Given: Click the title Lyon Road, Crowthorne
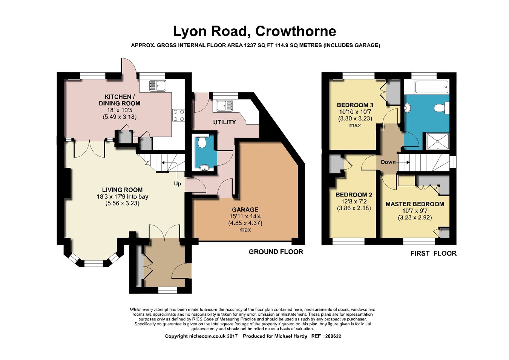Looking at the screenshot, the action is point(255,32).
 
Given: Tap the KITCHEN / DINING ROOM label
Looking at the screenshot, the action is point(119,100).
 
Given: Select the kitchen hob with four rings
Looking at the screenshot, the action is point(178,115).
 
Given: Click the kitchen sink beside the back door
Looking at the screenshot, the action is point(158,86).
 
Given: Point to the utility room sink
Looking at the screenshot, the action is point(224,106).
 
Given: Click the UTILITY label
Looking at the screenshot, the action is point(224,122).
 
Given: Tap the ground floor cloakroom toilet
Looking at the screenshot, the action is point(201,142).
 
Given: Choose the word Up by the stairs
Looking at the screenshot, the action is point(178,184).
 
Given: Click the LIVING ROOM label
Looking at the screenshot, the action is point(122,190).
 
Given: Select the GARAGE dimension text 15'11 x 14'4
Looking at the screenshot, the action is point(245,216).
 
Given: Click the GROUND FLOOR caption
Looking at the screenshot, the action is point(276,252).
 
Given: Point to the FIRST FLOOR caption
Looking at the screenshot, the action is point(433,253).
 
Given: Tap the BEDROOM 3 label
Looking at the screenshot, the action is point(355,105).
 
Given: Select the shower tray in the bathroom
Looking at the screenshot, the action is point(438,141).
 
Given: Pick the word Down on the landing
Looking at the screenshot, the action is point(388,162).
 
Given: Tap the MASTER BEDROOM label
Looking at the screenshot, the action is point(415,204).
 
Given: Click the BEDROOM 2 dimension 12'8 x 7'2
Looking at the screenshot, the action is point(354,201).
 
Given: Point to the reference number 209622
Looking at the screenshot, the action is point(333,336).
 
